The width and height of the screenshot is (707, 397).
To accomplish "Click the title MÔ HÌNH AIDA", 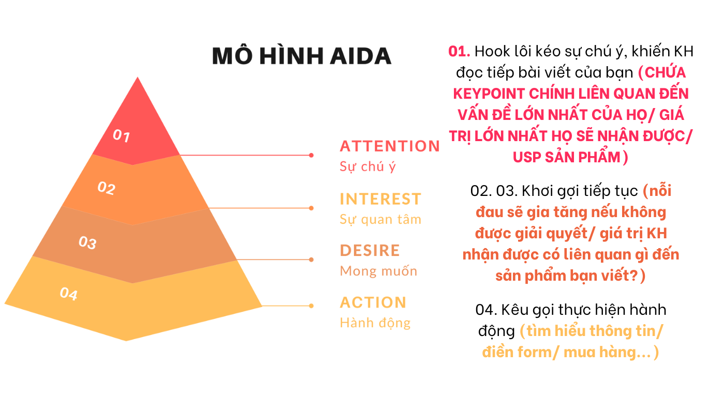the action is point(302,55).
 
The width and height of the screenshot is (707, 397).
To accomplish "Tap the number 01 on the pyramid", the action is point(122,135).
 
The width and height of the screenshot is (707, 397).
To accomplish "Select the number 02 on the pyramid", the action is point(107,188).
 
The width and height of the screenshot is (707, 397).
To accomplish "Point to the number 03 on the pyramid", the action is point(87,242).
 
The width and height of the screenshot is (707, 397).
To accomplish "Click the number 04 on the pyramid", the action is point(68,294).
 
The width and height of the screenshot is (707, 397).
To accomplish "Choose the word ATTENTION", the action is point(390,146).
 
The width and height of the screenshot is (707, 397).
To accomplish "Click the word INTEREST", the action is point(380,199).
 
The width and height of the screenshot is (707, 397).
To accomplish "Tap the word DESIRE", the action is point(370,250).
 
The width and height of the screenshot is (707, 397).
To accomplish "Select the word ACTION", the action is point(373,302).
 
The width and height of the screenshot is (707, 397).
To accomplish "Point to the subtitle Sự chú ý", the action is point(367,166).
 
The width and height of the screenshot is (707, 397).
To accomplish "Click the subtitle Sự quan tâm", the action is point(380,219).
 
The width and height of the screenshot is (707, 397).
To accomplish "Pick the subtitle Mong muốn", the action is point(378,271).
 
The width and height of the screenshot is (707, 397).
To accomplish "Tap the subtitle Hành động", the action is point(375,323).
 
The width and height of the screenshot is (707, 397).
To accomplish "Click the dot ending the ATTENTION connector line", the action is point(311,155).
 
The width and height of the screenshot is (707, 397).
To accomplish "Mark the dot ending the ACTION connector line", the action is point(311,306).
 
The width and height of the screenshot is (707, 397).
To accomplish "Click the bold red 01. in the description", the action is point(459,51).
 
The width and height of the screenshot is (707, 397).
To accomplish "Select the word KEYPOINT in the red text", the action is point(489,94).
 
